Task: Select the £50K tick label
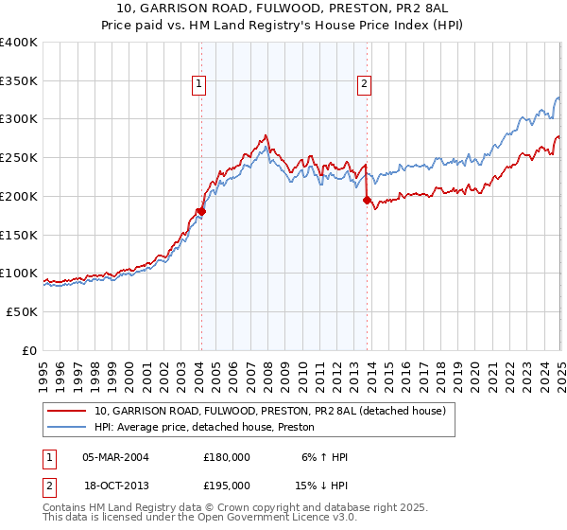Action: (x=22, y=311)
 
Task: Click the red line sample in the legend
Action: (x=67, y=411)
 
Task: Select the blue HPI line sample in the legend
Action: (x=67, y=427)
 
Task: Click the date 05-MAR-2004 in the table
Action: (x=115, y=456)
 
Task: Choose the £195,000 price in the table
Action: (x=226, y=486)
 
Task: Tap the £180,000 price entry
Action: (x=226, y=456)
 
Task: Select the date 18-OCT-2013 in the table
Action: (x=115, y=486)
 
